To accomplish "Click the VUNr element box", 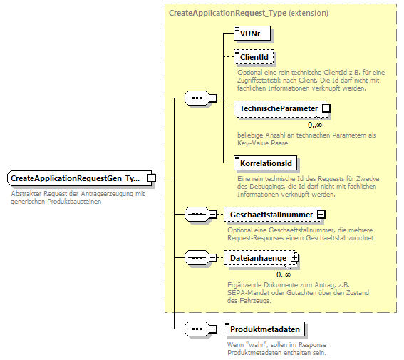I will click(x=253, y=33).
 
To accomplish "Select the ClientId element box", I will click(x=254, y=57).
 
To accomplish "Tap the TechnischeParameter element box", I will click(x=279, y=108).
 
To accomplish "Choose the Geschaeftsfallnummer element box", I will click(x=271, y=213).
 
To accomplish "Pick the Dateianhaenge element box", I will click(x=258, y=258).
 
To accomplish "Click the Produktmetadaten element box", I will click(x=264, y=329).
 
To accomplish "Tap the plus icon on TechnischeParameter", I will click(x=326, y=108).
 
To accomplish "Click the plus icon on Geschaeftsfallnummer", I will click(x=321, y=213).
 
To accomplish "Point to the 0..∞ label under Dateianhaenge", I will click(x=284, y=274).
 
